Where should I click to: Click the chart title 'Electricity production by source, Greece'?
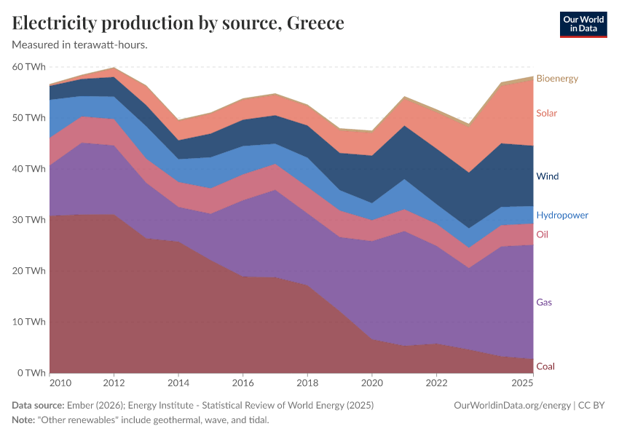pos(178,23)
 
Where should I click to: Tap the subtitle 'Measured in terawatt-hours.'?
pos(80,45)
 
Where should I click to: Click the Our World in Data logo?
pos(583,24)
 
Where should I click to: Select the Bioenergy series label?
pos(556,78)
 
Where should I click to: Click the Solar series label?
pos(547,113)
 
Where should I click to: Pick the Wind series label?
pos(547,176)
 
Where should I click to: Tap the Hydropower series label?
pos(561,216)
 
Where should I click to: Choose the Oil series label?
pos(542,235)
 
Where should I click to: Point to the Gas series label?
pos(543,302)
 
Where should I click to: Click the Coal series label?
pos(545,366)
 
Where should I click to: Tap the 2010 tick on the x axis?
pos(60,382)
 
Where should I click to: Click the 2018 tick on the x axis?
pos(307,382)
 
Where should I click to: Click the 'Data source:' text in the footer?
pos(38,405)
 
